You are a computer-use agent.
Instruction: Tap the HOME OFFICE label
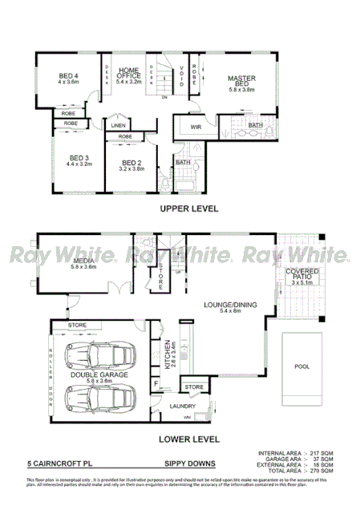tap(128, 75)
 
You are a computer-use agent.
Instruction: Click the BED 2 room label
tap(131, 164)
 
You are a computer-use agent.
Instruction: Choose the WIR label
tap(196, 127)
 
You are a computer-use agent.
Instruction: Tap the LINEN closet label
tap(119, 126)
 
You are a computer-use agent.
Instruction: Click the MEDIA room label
tap(83, 262)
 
